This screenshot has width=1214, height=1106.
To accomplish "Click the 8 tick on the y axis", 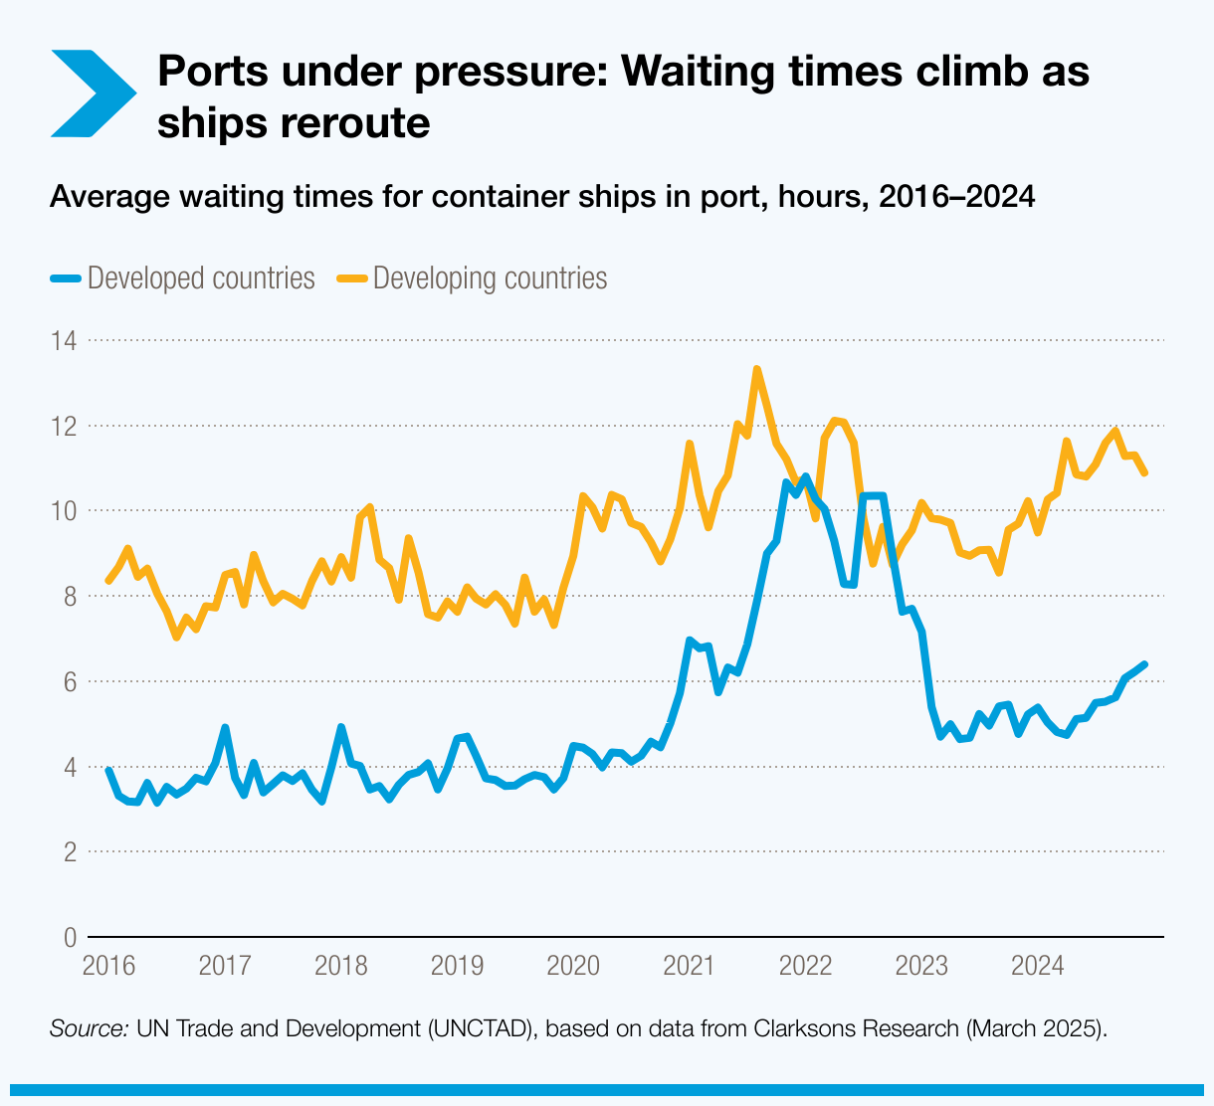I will click(69, 597).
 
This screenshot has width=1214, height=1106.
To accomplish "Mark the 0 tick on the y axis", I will click(69, 938).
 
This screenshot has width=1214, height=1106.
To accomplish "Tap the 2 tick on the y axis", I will click(69, 852).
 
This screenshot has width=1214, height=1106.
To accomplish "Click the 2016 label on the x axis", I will click(108, 965).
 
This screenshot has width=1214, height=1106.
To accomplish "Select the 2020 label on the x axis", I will click(573, 965).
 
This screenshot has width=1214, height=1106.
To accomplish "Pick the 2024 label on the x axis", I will click(1037, 965).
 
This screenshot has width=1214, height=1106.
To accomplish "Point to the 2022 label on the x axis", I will click(805, 965).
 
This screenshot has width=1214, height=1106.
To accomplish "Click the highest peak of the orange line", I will click(757, 369).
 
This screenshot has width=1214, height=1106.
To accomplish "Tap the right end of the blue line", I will click(1144, 664).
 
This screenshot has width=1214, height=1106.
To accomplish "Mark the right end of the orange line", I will click(1144, 472).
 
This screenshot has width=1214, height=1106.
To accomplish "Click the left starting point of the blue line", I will click(108, 770).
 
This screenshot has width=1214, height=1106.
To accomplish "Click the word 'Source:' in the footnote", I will click(89, 1028).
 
